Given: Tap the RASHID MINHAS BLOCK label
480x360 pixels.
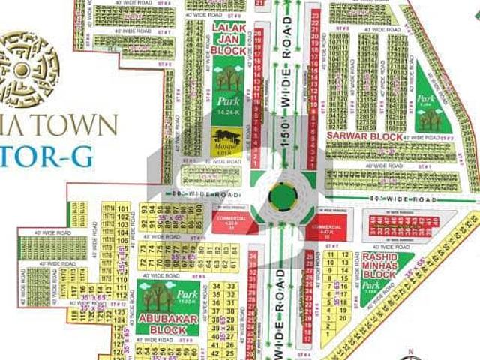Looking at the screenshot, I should [378, 265].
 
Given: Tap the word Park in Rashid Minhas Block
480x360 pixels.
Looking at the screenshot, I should [370, 286].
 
